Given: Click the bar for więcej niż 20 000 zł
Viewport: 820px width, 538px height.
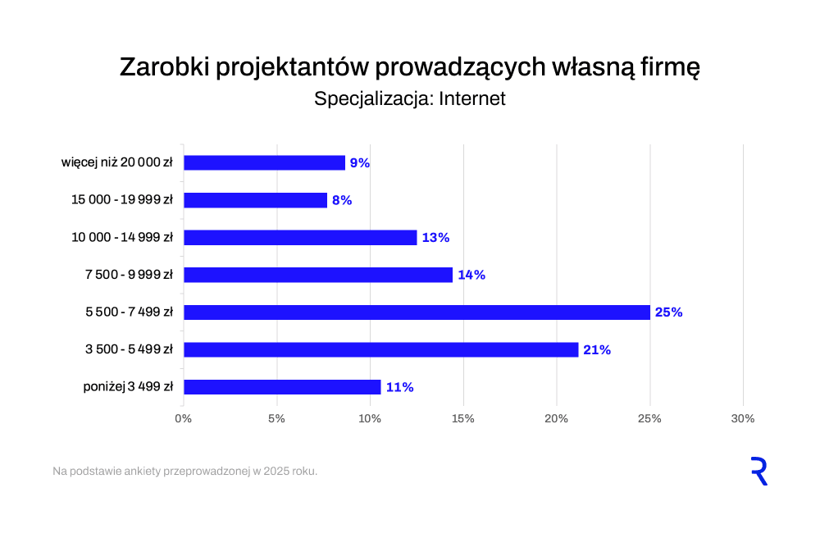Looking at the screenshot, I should click(x=264, y=162).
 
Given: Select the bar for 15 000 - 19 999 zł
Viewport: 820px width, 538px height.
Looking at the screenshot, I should click(x=255, y=200).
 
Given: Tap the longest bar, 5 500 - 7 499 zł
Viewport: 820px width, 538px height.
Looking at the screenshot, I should click(x=417, y=312).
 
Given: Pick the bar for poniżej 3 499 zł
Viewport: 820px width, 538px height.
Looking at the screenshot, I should click(x=282, y=387).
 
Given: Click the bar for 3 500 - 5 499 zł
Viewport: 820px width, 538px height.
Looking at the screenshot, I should click(x=380, y=349).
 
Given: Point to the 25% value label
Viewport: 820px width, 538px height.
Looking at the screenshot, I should click(x=668, y=312).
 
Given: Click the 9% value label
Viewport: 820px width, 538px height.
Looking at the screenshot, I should click(x=360, y=163).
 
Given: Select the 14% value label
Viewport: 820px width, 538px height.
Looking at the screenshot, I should click(x=471, y=275).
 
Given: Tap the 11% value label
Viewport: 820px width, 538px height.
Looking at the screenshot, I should click(x=399, y=387).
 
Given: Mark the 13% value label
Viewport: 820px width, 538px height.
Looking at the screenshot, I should click(x=435, y=238).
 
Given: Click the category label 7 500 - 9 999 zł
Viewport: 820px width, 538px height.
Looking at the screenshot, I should click(x=129, y=275).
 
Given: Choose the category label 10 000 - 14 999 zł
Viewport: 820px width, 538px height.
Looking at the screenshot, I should click(x=122, y=238).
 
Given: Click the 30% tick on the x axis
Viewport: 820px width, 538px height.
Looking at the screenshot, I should click(x=742, y=419).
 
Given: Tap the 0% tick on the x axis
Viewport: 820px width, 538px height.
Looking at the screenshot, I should click(x=184, y=419).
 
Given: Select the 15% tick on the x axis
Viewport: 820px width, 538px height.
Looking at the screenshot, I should click(x=463, y=419).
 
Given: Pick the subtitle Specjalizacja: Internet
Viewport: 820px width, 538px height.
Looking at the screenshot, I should click(x=410, y=99).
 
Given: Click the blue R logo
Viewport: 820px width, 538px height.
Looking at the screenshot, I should click(x=758, y=472).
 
